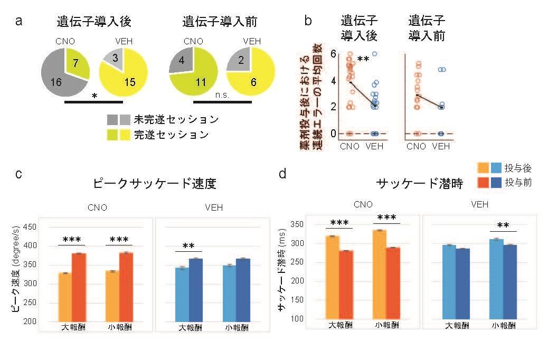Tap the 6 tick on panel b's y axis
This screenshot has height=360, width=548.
[x=333, y=54]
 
